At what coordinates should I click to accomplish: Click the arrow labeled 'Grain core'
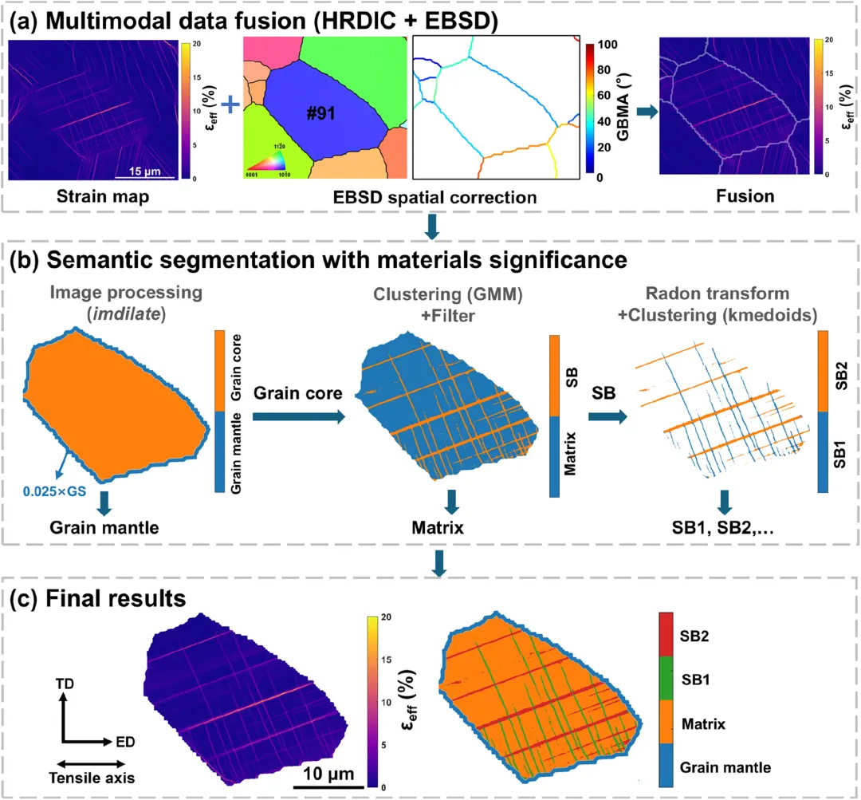[x=298, y=415]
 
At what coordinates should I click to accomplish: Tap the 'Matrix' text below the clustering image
[x=451, y=526]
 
